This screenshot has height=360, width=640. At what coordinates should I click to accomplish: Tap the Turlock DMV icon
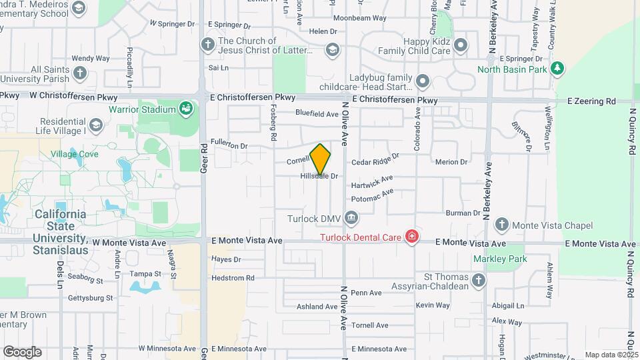coord(351,217)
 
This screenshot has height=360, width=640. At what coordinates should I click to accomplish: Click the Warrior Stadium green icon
coord(186,108)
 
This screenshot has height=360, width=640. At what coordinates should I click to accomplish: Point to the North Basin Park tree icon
coord(558,68)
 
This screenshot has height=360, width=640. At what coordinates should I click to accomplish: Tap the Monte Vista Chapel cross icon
coord(501,225)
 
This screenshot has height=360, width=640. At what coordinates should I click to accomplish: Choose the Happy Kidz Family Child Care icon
coord(461,45)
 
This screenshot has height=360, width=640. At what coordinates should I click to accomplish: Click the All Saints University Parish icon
coord(79,73)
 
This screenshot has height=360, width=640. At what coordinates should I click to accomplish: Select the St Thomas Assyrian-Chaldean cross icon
coord(478,281)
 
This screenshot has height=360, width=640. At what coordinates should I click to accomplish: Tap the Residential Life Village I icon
coord(96,126)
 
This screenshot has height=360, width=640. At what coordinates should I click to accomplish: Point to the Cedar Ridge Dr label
coord(375,159)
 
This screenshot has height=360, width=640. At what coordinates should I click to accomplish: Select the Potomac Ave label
coord(373,195)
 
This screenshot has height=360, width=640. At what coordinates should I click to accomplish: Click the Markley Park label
coord(500,259)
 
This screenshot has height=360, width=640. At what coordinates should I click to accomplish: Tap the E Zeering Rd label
coord(591,101)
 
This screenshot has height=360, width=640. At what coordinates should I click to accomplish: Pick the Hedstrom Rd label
coord(233,278)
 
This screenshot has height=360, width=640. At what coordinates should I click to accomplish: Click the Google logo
coord(22,351)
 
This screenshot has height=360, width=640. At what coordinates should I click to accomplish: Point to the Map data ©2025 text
coord(611,355)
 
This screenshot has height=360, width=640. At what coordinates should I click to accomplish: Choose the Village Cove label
coord(75,154)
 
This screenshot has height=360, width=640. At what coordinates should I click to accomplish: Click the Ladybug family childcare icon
coord(422,82)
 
